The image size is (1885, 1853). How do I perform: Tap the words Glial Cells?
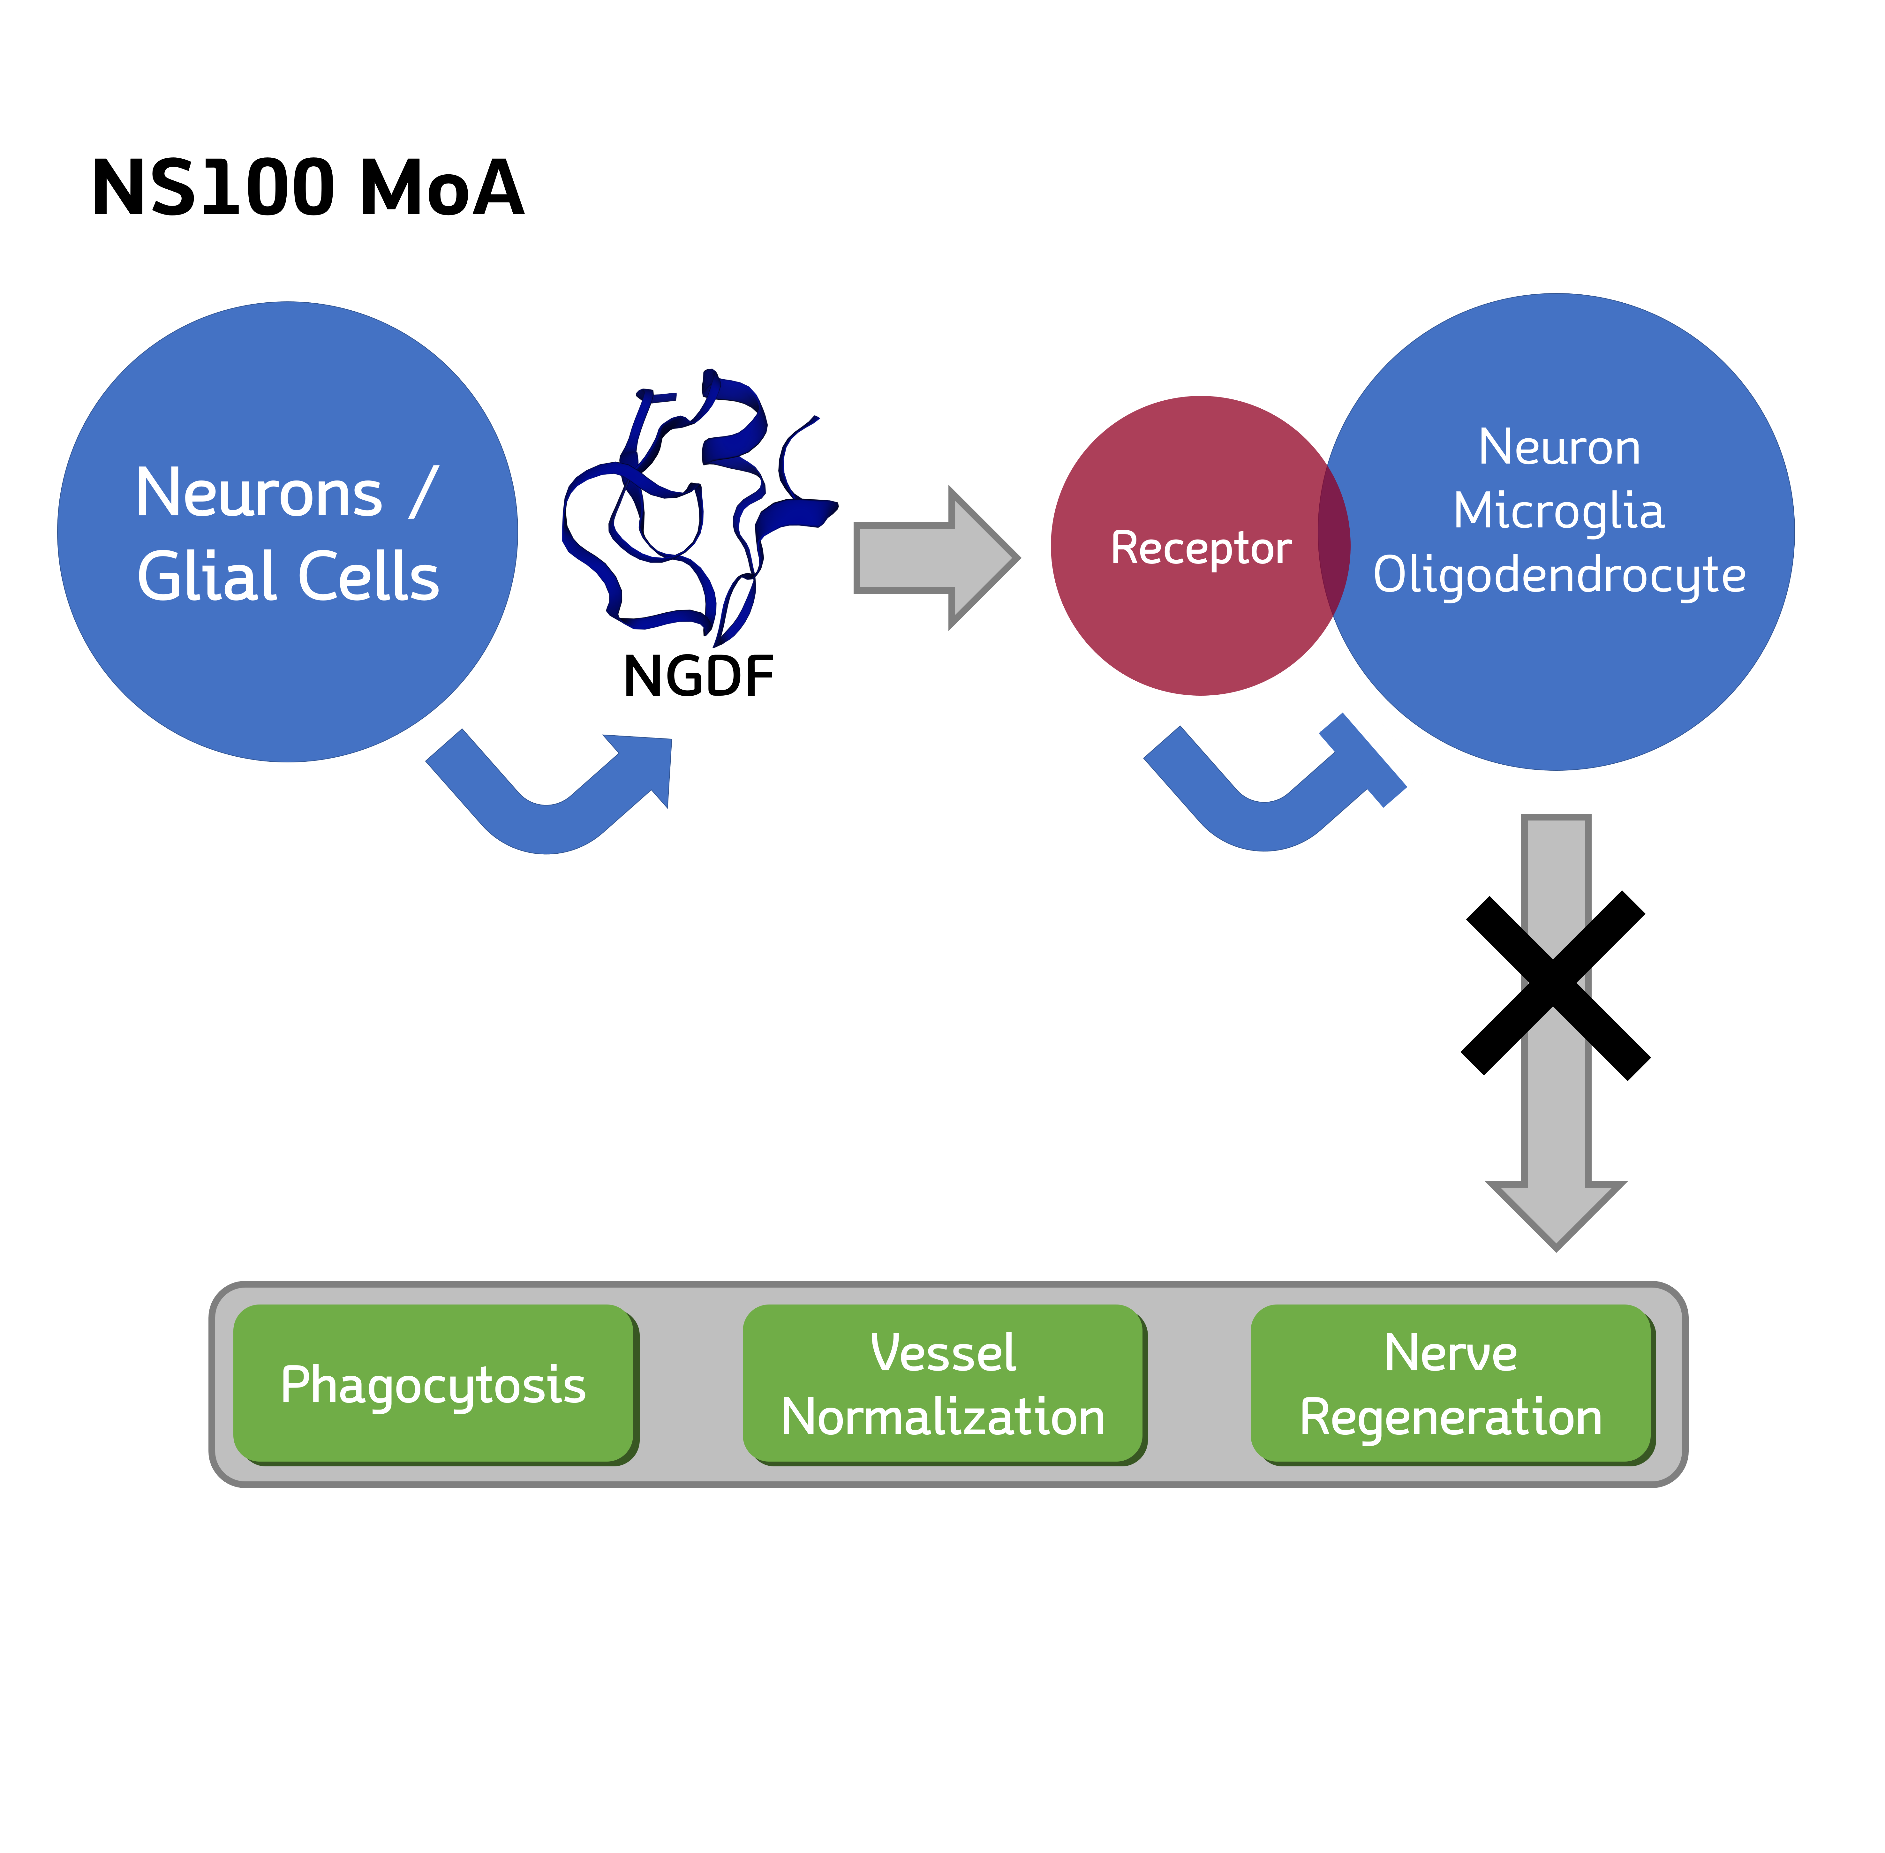pyautogui.click(x=288, y=576)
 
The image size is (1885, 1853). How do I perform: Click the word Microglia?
pyautogui.click(x=1558, y=511)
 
